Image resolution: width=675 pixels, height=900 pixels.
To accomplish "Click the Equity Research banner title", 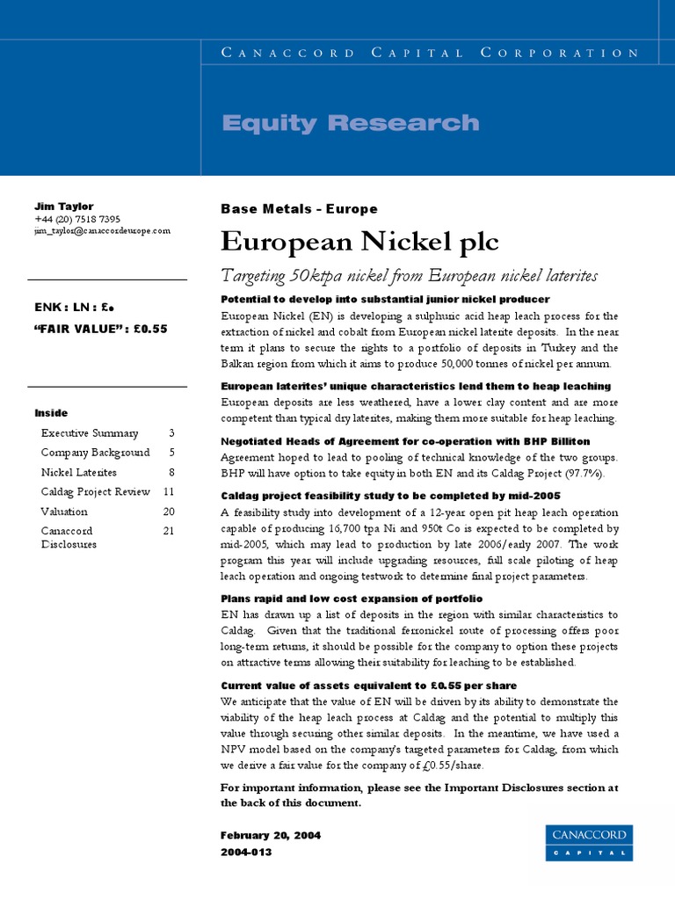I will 351,122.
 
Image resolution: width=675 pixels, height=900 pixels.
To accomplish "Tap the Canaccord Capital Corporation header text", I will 430,53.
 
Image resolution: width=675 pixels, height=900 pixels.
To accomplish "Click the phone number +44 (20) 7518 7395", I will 77,219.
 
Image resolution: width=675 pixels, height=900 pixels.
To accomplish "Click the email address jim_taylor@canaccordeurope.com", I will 102,230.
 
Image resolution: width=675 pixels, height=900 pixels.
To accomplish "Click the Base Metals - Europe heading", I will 299,209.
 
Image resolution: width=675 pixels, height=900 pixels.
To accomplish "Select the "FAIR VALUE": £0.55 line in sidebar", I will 100,329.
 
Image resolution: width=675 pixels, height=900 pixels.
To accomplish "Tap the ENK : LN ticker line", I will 75,308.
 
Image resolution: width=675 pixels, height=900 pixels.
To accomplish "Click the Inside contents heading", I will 51,413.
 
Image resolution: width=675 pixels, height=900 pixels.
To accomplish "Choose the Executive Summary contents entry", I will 90,433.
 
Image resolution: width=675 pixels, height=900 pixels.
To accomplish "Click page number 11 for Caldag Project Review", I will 169,491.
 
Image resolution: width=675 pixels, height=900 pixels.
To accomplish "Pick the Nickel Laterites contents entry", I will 79,472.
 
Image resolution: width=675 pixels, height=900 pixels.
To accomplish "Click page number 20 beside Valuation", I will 169,512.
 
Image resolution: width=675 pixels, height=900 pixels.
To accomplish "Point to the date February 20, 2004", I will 271,836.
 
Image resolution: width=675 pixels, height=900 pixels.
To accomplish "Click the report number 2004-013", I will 246,852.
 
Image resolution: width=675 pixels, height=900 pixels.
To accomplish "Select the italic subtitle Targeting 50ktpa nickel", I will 409,276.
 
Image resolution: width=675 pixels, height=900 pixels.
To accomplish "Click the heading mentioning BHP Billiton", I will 405,441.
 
